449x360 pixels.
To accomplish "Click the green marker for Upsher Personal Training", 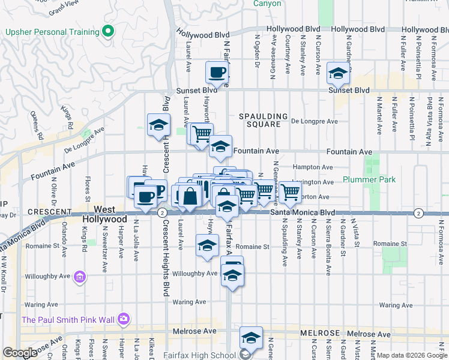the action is [109, 31].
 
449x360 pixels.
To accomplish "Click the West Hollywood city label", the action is [105, 214].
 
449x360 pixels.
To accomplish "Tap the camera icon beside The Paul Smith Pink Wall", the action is [124, 319].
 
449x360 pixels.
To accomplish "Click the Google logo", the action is [20, 353].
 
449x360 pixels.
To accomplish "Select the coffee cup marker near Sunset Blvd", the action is [217, 73].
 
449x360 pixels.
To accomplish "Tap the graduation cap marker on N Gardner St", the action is [338, 73].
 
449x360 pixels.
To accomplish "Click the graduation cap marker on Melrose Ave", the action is [251, 337].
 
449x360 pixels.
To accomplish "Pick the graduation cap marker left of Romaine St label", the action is [207, 245].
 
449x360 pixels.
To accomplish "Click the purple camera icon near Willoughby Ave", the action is [80, 277].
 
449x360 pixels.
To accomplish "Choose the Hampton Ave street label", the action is [312, 167].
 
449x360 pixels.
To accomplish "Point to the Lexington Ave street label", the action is [315, 182].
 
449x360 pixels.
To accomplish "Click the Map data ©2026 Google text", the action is [411, 355].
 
